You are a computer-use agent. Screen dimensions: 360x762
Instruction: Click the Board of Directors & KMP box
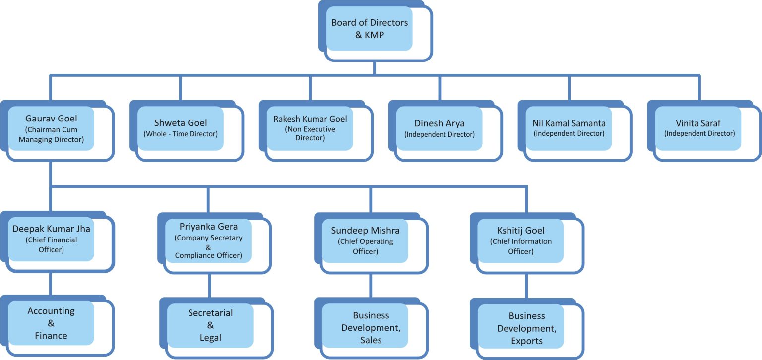click(x=370, y=29)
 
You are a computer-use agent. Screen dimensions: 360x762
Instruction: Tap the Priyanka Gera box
click(x=208, y=241)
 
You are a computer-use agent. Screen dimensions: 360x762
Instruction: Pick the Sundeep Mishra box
click(x=365, y=241)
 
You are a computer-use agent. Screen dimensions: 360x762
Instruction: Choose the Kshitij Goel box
click(x=521, y=241)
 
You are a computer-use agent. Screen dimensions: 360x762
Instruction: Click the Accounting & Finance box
click(x=51, y=323)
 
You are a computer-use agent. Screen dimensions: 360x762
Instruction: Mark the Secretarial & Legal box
click(x=210, y=326)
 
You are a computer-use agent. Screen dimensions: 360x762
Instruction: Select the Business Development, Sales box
click(x=365, y=328)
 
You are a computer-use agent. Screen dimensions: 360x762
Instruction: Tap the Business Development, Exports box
click(x=521, y=328)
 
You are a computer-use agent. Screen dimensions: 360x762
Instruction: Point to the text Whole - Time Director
click(x=181, y=134)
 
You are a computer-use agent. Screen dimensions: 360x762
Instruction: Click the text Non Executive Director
click(x=310, y=133)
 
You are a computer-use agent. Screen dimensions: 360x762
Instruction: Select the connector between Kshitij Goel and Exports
click(x=527, y=286)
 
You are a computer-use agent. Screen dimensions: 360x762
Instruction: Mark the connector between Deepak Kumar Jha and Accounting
click(x=51, y=284)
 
